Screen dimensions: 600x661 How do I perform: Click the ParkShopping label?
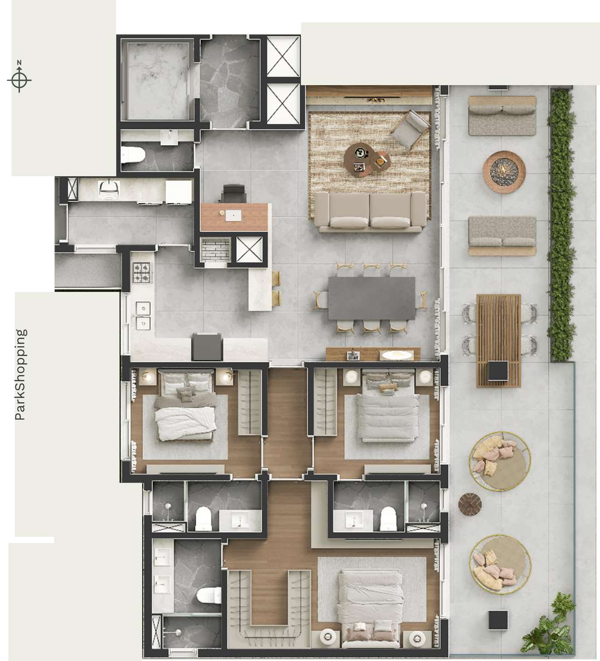click(20, 374)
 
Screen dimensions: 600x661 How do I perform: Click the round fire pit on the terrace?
click(504, 172)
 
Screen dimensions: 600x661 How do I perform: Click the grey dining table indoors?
click(372, 298)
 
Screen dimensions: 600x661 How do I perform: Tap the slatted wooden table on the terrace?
click(499, 341)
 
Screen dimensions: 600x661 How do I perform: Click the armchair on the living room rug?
click(410, 129)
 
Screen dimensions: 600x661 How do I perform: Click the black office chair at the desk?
click(234, 194)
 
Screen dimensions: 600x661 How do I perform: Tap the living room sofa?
click(369, 212)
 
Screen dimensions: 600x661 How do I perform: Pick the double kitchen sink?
click(144, 316)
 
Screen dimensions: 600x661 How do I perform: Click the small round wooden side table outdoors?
click(470, 504)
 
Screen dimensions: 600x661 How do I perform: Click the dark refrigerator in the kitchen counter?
click(207, 346)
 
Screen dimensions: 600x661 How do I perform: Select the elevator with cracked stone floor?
click(231, 82)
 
